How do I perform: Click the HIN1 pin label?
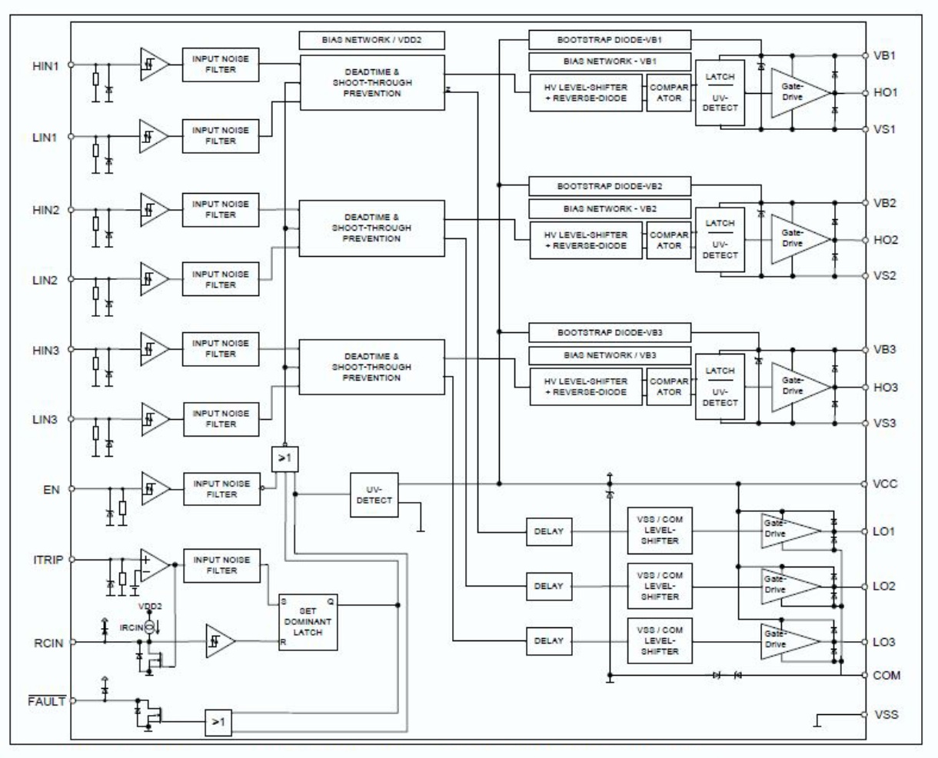tap(45, 66)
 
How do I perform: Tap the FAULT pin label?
tap(46, 701)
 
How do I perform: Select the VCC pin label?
tap(885, 484)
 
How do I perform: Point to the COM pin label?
tap(886, 675)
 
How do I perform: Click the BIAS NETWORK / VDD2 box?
tap(371, 40)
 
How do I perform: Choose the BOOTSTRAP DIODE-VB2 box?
tap(610, 186)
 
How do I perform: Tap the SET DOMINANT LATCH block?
tap(308, 622)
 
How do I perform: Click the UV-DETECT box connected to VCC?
tap(374, 495)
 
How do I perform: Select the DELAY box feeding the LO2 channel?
tap(549, 587)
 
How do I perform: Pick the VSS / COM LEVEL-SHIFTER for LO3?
tap(660, 641)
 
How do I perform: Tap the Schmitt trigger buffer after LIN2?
tap(154, 279)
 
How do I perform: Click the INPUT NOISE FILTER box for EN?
tap(221, 489)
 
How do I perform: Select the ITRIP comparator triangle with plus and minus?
tap(155, 566)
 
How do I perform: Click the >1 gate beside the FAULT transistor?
tap(218, 723)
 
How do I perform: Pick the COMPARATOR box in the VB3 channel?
tap(669, 387)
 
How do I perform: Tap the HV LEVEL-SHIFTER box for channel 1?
tap(586, 93)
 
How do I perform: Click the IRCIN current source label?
tap(131, 627)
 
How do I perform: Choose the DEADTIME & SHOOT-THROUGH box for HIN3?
tap(371, 367)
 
